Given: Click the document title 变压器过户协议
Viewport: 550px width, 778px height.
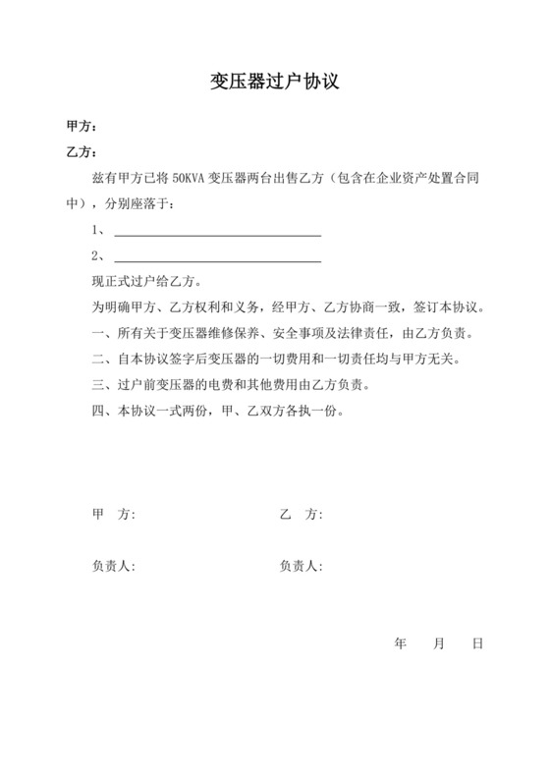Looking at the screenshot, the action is pyautogui.click(x=274, y=81).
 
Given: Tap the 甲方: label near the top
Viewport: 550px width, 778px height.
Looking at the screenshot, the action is pyautogui.click(x=81, y=128).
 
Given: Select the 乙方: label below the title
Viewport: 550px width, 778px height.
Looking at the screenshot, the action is pyautogui.click(x=81, y=153).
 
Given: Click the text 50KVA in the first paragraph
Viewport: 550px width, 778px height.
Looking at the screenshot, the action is pyautogui.click(x=188, y=180).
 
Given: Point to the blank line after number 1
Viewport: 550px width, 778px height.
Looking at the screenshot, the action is pyautogui.click(x=217, y=234).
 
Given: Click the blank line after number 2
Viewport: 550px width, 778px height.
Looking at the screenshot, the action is pyautogui.click(x=217, y=259).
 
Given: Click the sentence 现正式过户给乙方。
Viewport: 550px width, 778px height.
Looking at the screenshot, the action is pyautogui.click(x=133, y=282).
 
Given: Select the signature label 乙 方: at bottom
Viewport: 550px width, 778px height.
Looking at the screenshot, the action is pyautogui.click(x=302, y=515).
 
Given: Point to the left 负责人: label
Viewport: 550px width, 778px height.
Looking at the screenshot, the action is pyautogui.click(x=113, y=567).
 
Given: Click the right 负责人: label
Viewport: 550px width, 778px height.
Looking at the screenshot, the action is pyautogui.click(x=302, y=567).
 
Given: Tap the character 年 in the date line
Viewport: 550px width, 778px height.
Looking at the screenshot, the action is pyautogui.click(x=400, y=644).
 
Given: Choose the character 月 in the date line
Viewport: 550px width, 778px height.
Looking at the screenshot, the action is pyautogui.click(x=438, y=644).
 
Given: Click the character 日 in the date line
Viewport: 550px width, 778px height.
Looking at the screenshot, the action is pyautogui.click(x=477, y=644).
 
